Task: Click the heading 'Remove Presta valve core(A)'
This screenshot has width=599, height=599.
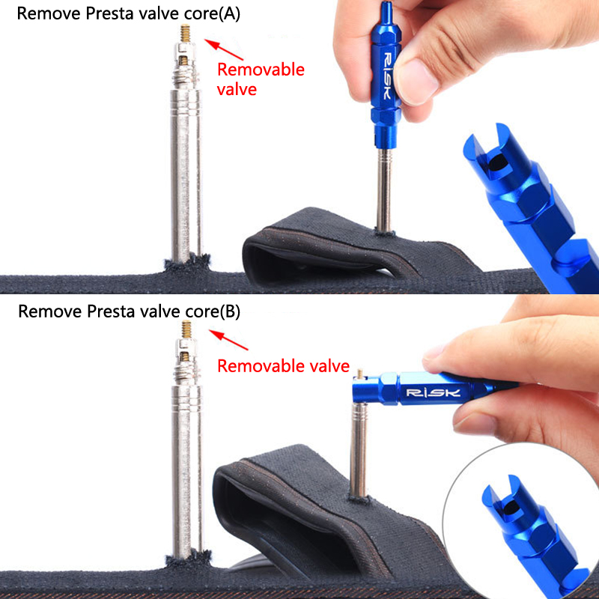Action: point(128,13)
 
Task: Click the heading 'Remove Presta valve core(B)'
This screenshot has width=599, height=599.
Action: point(129,311)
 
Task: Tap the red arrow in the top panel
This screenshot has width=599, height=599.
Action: point(224,49)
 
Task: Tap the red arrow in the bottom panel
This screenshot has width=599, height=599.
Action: point(228,340)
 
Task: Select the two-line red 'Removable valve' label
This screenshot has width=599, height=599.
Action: point(261,79)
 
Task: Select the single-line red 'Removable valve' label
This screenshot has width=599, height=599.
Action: point(283,366)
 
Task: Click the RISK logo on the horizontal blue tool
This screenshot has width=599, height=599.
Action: point(433,392)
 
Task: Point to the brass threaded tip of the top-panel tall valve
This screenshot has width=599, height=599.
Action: point(185,33)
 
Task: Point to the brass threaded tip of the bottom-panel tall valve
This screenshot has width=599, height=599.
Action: point(186,329)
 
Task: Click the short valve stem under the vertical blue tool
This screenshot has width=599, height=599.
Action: point(384,190)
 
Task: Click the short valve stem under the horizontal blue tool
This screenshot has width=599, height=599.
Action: point(359,450)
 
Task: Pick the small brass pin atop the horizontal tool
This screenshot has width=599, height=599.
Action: point(359,374)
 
